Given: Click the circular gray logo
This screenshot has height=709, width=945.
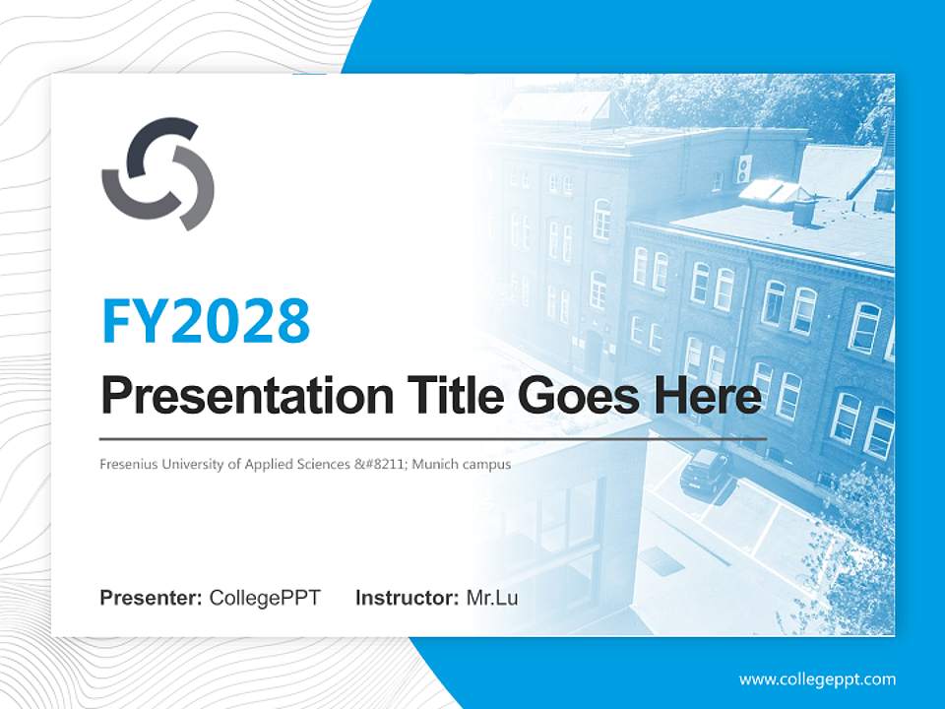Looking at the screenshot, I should [x=157, y=173].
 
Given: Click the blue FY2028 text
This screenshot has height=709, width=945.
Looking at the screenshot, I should [x=205, y=321].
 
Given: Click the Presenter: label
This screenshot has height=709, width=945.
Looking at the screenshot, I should [x=152, y=598].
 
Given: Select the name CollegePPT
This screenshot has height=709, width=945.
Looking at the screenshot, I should [x=265, y=598].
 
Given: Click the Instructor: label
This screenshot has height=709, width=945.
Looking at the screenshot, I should [x=407, y=598].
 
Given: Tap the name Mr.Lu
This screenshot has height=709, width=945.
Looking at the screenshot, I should [x=492, y=598].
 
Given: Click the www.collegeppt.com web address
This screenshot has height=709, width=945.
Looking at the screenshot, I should [x=817, y=678].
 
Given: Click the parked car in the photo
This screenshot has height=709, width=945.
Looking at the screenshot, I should [x=706, y=470].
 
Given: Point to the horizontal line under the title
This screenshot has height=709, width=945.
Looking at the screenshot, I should [x=433, y=438].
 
